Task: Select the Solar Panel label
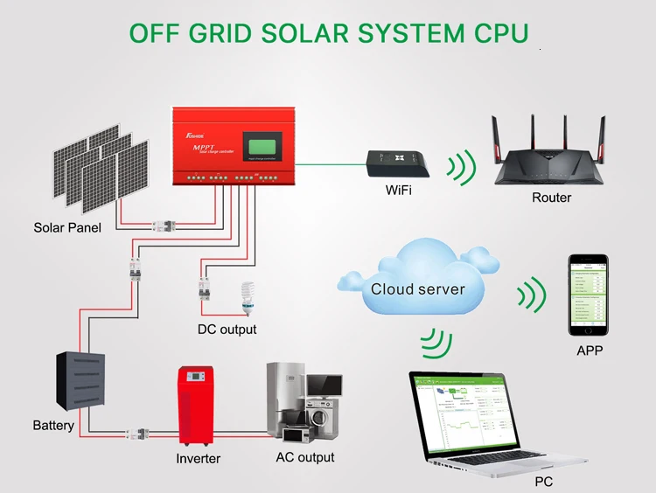[67, 228]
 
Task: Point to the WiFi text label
[398, 191]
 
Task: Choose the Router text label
[551, 198]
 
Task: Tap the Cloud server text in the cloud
[417, 289]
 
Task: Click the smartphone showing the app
[589, 295]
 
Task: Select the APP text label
[590, 351]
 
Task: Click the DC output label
[227, 330]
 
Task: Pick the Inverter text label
[199, 458]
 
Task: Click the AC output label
[304, 457]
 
